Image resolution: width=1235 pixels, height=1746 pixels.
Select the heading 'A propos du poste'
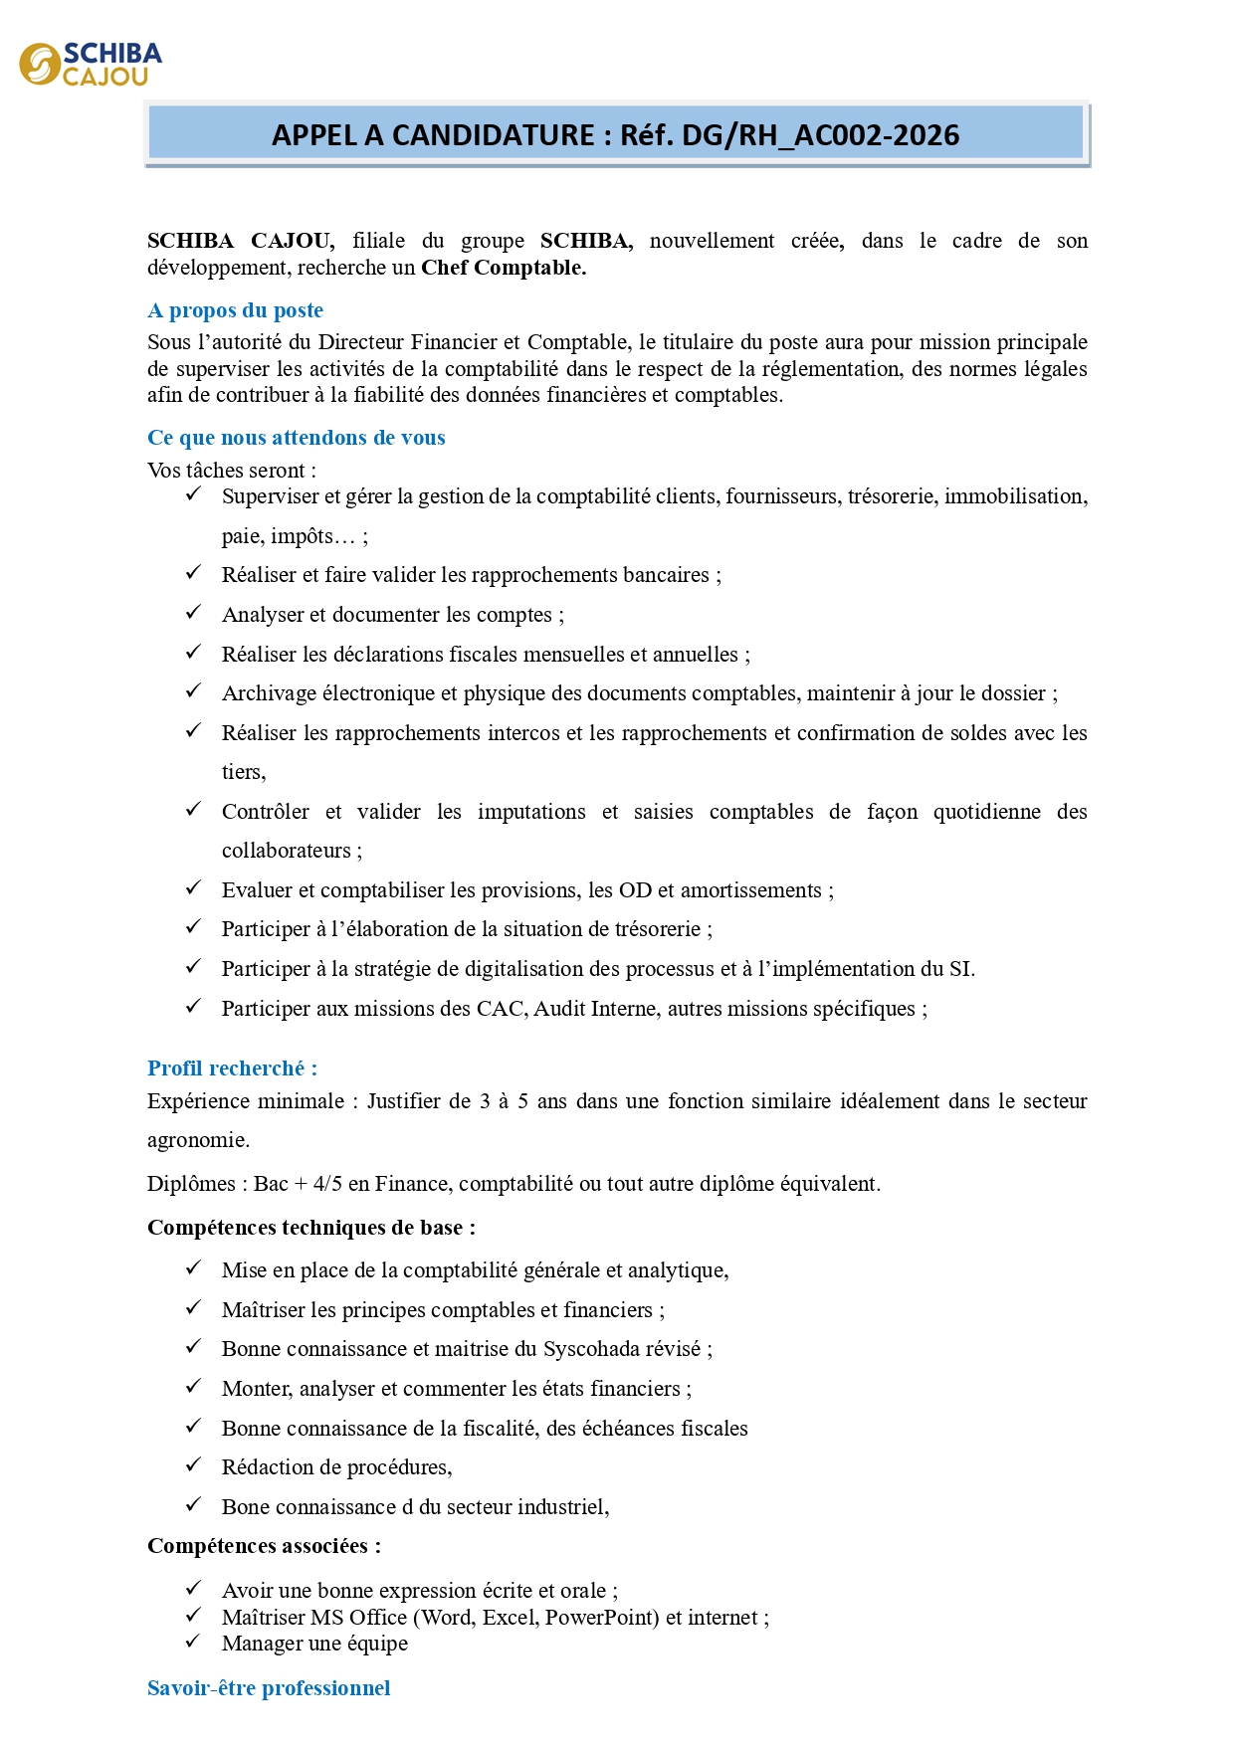(x=235, y=310)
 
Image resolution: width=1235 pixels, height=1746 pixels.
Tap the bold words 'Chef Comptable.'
(x=504, y=268)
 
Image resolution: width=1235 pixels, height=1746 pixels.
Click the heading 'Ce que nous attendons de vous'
(x=296, y=438)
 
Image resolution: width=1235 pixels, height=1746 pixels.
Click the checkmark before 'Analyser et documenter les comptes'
(x=194, y=613)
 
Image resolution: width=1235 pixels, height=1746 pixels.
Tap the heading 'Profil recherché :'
(x=232, y=1068)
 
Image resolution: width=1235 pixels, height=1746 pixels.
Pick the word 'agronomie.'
(x=198, y=1140)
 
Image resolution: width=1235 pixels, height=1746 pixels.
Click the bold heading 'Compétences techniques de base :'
(x=310, y=1228)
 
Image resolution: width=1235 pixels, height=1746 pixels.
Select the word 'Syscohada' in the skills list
(x=594, y=1349)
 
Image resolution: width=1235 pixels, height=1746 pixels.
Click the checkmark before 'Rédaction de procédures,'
(x=194, y=1465)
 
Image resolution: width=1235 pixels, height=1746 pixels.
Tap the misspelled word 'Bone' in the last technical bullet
(x=245, y=1507)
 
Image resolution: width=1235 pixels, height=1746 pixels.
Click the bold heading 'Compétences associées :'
(x=264, y=1546)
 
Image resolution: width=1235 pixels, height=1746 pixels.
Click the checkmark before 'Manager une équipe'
(x=194, y=1642)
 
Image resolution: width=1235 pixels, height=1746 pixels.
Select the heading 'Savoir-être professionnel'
(x=269, y=1688)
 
